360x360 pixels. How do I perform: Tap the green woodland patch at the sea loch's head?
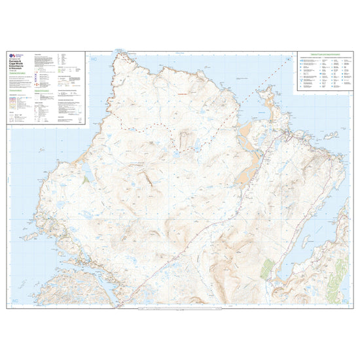tap(266, 269)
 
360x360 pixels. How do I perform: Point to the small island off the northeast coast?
tap(331, 135)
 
